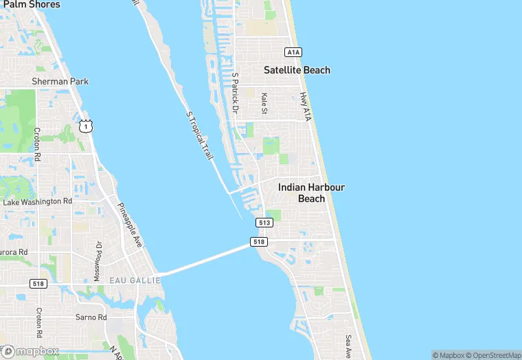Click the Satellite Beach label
[x=297, y=70]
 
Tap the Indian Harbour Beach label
[x=311, y=192]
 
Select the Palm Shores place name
[x=32, y=5]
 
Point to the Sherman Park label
[x=60, y=82]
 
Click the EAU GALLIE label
[x=135, y=280]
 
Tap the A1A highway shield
[x=293, y=52]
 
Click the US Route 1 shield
[x=85, y=126]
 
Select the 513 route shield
[x=264, y=223]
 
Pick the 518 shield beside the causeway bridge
[x=259, y=242]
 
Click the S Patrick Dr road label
[x=235, y=93]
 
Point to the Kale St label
[x=264, y=104]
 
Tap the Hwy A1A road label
[x=305, y=108]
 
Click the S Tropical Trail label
[x=200, y=136]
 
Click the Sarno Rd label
[x=92, y=317]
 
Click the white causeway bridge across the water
[x=206, y=260]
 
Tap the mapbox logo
[x=30, y=351]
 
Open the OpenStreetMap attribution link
[x=493, y=355]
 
